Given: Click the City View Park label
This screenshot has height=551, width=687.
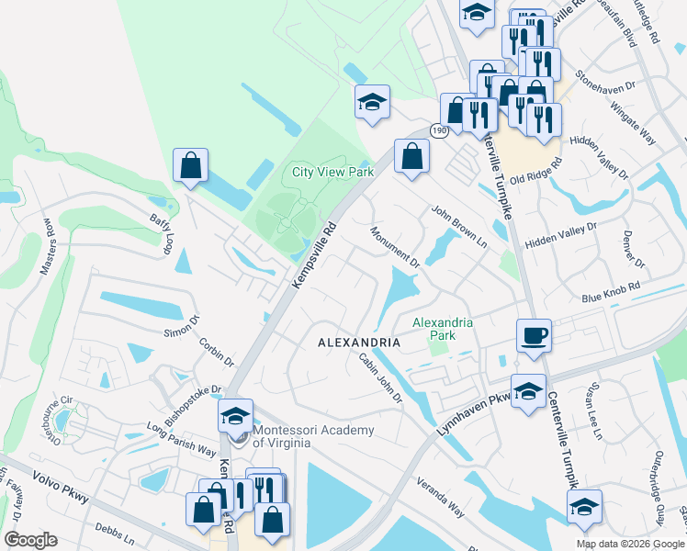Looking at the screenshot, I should pyautogui.click(x=332, y=172).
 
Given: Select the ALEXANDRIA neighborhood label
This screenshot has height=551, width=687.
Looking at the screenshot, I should pyautogui.click(x=359, y=342).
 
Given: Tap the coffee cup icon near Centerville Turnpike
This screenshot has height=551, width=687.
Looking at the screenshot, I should pyautogui.click(x=533, y=335).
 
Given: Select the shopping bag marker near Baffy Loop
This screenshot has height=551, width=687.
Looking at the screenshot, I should pyautogui.click(x=190, y=166).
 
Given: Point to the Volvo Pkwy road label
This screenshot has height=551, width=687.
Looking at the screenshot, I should pyautogui.click(x=60, y=487).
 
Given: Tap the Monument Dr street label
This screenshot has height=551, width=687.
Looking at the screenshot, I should pyautogui.click(x=395, y=247).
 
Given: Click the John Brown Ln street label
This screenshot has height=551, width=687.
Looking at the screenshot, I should pyautogui.click(x=459, y=225).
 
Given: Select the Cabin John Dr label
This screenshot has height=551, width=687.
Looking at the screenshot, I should pyautogui.click(x=380, y=377).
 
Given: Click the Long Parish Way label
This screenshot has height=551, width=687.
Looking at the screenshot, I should pyautogui.click(x=182, y=439).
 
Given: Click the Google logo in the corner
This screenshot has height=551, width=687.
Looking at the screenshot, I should pyautogui.click(x=29, y=539).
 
